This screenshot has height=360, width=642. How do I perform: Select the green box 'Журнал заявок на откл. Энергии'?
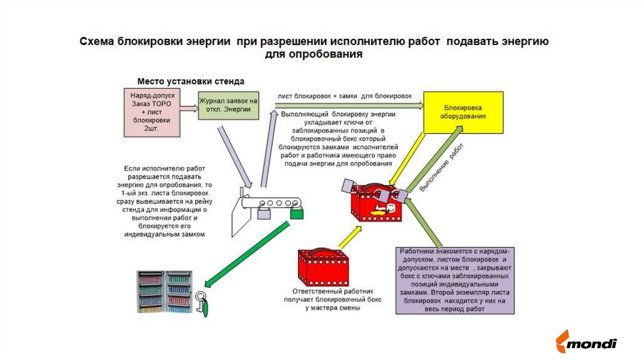coord(228,105)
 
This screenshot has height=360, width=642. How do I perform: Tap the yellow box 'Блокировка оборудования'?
coord(464,112)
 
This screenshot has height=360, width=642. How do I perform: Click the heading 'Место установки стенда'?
coord(191,82)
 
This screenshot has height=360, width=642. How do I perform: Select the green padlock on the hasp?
coord(297,213)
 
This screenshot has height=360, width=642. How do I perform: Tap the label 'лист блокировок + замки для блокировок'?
coord(344,96)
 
